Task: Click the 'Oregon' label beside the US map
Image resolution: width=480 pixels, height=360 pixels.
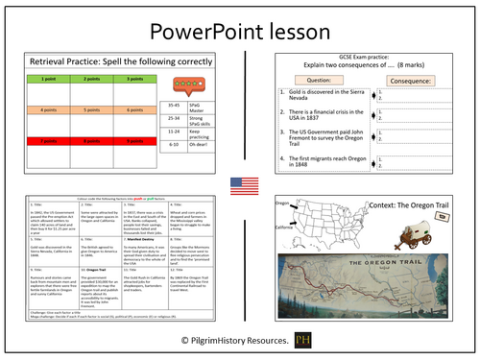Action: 282,203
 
